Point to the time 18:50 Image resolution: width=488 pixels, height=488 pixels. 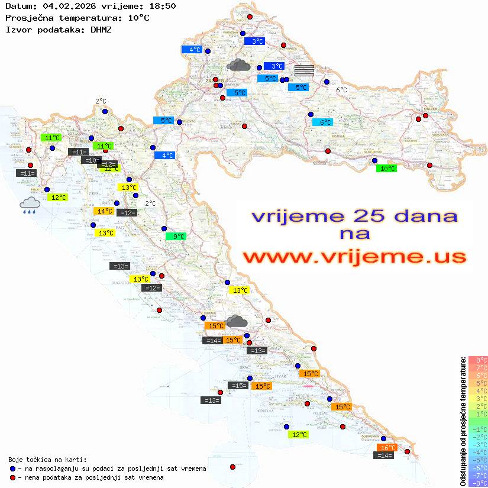[x=162, y=6]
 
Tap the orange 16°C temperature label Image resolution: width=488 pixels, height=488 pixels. [x=387, y=448]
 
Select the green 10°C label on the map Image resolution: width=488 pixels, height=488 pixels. [x=387, y=169]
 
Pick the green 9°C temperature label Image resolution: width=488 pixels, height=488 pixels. [x=176, y=237]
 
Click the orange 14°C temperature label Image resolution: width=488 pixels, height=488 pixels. [x=104, y=211]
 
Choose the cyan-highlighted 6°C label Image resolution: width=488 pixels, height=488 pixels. [x=323, y=122]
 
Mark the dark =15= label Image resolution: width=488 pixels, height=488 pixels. [x=238, y=386]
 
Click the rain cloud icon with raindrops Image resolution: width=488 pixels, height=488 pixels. [x=30, y=205]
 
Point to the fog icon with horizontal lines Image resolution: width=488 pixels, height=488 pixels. [x=303, y=70]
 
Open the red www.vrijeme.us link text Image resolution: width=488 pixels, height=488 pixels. [x=354, y=257]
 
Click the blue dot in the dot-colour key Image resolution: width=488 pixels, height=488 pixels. [x=12, y=468]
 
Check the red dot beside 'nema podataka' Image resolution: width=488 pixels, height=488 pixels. [x=12, y=477]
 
